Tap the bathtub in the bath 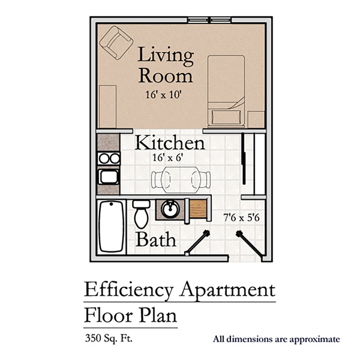112,226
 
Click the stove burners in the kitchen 109,158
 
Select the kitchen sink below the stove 109,177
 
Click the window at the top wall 209,20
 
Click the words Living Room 166,66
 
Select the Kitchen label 170,143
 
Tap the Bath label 156,239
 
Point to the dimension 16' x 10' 166,95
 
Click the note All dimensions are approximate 276,340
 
